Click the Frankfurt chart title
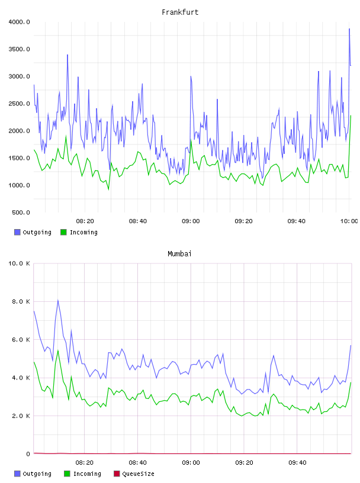[x=180, y=12]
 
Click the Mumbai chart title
[x=179, y=254]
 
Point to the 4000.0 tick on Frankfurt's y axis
[x=19, y=22]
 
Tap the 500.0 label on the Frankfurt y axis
[x=21, y=212]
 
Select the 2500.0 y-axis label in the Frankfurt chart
[x=19, y=104]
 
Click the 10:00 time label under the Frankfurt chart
[x=349, y=221]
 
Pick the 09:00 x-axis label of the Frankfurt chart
[x=191, y=221]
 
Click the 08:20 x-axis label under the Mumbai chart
[x=85, y=463]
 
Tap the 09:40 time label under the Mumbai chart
[x=297, y=463]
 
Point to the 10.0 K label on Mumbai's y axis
[x=19, y=263]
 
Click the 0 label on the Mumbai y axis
[x=28, y=454]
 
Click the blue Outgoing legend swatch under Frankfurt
[x=17, y=232]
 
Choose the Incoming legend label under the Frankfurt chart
[x=83, y=232]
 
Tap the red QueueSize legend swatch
[x=117, y=474]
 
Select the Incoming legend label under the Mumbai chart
[x=87, y=474]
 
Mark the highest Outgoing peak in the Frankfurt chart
[x=349, y=28]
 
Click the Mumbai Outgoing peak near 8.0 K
[x=57, y=300]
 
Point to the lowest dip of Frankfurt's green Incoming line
[x=108, y=189]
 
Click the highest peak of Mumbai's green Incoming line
[x=58, y=350]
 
